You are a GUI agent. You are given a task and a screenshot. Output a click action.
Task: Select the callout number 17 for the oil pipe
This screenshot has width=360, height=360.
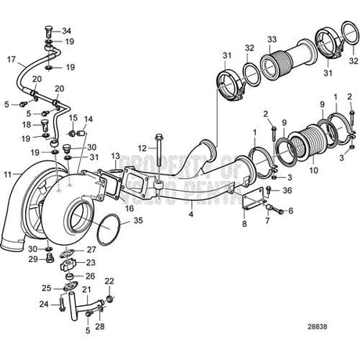(11, 58)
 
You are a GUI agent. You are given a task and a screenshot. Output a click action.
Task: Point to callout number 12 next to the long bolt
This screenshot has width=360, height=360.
(142, 148)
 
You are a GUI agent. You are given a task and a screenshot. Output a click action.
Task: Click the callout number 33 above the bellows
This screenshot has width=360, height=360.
(272, 38)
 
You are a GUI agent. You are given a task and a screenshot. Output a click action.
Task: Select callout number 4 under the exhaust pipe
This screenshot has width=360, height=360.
(191, 212)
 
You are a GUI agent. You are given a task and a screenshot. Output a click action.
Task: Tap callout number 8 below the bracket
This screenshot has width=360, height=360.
(244, 223)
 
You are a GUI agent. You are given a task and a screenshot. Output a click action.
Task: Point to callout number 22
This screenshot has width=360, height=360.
(110, 281)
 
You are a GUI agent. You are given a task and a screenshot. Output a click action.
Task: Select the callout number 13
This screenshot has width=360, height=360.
(114, 157)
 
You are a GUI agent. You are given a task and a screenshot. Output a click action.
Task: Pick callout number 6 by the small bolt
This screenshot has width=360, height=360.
(290, 211)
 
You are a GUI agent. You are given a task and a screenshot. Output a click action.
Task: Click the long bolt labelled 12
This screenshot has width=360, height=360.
(159, 160)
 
